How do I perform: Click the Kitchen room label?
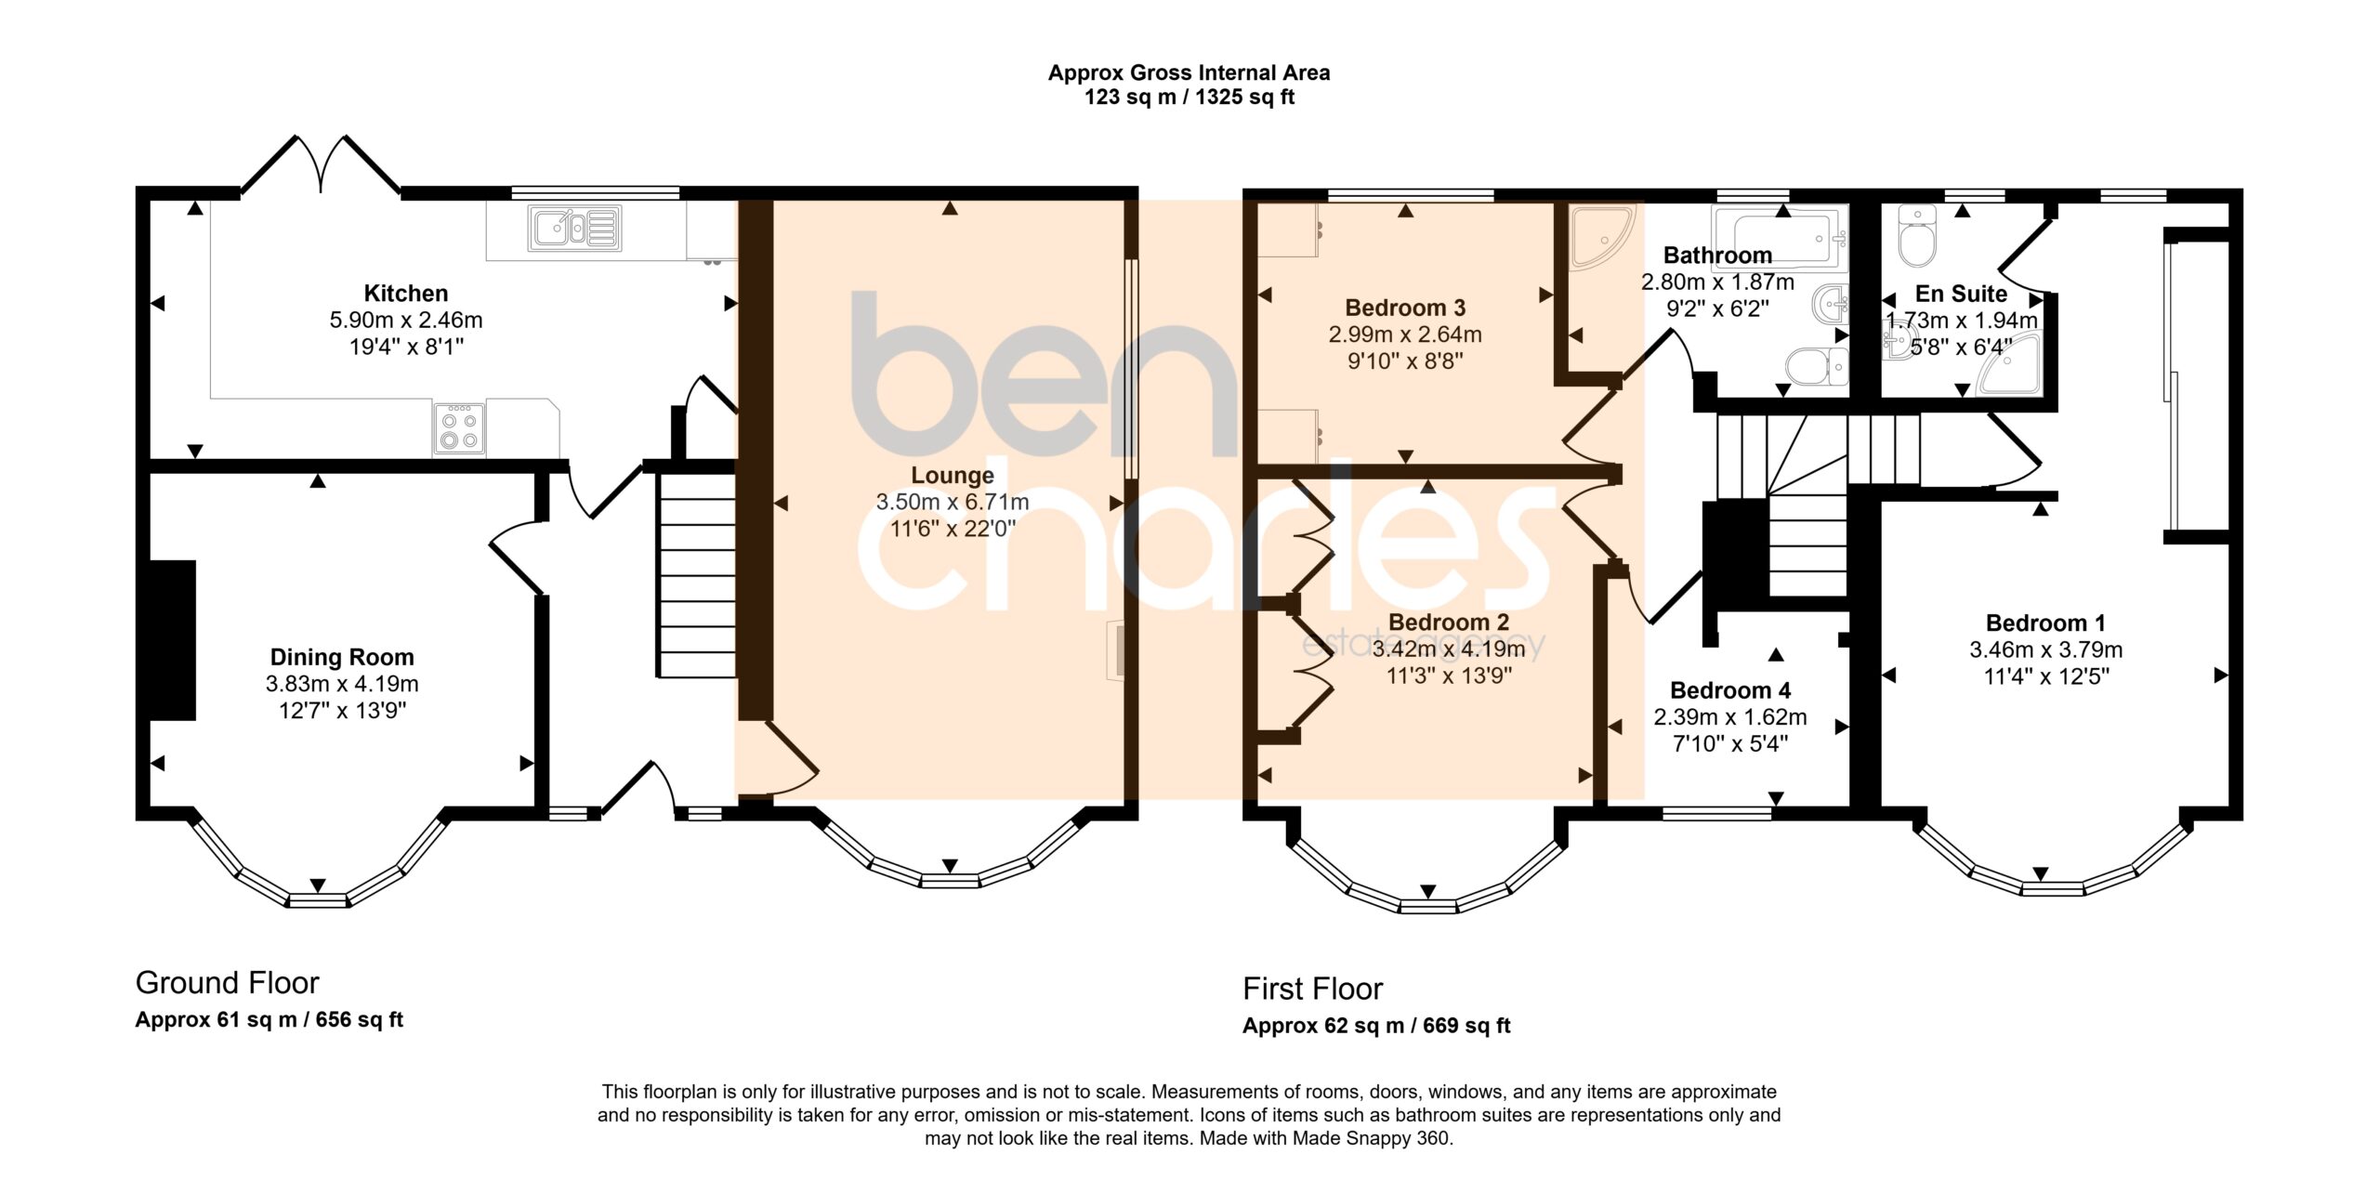(405, 294)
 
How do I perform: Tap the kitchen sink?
(576, 229)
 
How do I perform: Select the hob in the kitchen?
(459, 428)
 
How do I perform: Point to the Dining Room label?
(342, 658)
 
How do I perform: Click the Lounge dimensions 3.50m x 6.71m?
(953, 503)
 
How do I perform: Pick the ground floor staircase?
(697, 575)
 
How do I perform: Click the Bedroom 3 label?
(1405, 308)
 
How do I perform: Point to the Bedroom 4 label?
(1730, 690)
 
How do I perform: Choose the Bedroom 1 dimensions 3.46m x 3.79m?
(2046, 650)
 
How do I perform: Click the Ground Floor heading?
(227, 983)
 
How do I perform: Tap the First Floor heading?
(1312, 990)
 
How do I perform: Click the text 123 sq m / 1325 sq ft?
(1189, 98)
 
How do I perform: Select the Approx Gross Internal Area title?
(1189, 72)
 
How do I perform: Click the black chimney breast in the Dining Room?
(172, 640)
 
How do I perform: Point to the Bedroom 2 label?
(1449, 623)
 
